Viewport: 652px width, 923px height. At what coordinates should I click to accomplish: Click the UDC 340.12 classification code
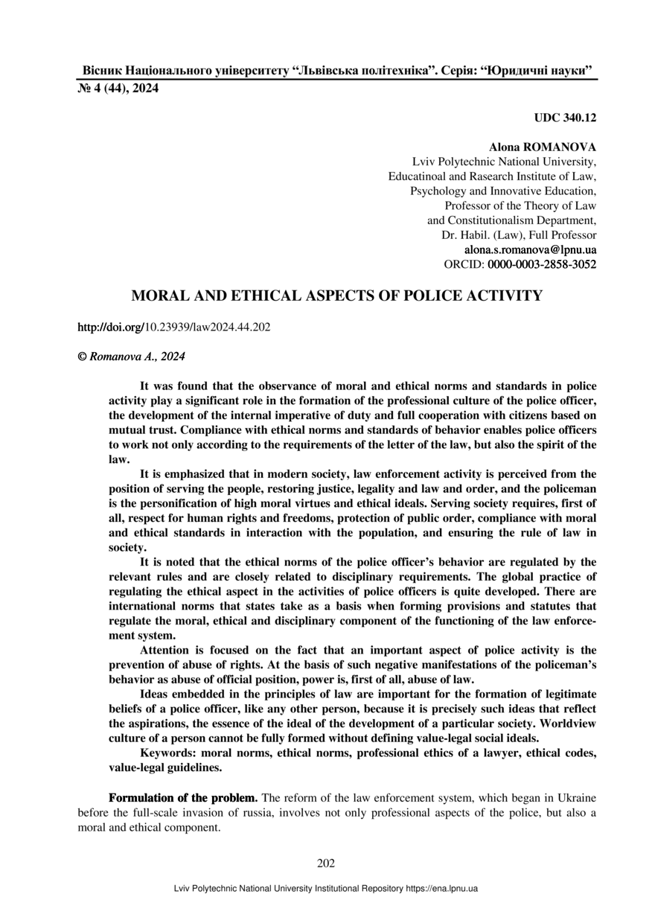click(565, 118)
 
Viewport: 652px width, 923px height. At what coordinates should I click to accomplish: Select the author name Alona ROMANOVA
click(542, 147)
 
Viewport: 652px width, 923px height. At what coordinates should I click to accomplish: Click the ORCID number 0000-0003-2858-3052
click(542, 264)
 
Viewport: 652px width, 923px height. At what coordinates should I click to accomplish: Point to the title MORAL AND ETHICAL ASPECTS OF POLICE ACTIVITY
click(336, 296)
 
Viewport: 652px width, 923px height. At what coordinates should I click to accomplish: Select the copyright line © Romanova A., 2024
click(132, 357)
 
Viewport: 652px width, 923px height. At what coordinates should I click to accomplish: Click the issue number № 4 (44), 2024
click(118, 89)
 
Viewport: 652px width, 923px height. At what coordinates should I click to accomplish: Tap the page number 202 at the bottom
click(326, 863)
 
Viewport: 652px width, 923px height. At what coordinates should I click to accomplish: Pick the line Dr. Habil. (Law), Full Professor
click(519, 235)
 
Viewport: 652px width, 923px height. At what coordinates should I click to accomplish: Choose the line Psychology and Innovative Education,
click(503, 191)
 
